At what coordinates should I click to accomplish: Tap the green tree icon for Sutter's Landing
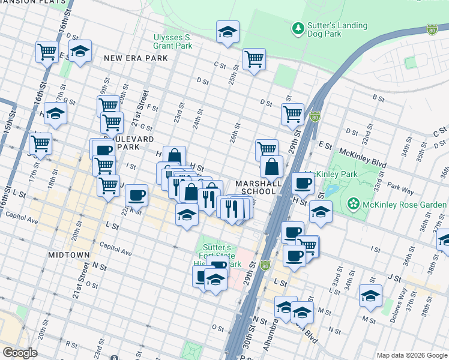coord(297,28)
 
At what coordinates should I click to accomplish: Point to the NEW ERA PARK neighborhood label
coord(136,59)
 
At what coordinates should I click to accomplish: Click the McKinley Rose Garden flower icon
coord(354,205)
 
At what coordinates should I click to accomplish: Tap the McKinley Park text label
coord(349,174)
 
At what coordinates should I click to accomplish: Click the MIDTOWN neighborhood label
coord(68,255)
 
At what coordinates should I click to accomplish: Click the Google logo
coord(20,353)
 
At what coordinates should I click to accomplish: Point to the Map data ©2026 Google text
coord(411,355)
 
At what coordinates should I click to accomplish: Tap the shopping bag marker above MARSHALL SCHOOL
coord(271,166)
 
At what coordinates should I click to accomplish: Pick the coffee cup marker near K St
coord(137,194)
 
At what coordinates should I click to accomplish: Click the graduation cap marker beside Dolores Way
coord(370,296)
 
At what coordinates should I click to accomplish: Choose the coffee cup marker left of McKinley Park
coord(303,182)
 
